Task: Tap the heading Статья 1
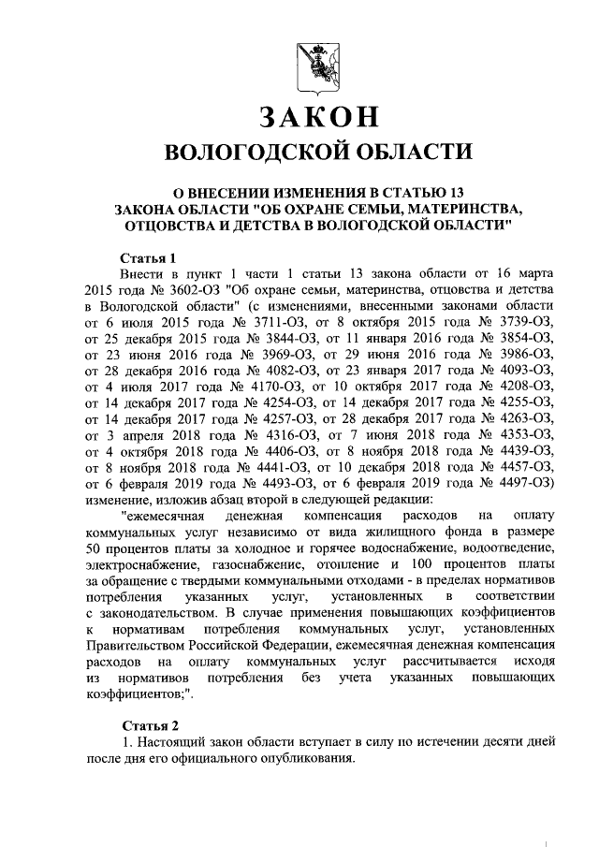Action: [150, 256]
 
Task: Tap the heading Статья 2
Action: [150, 725]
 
